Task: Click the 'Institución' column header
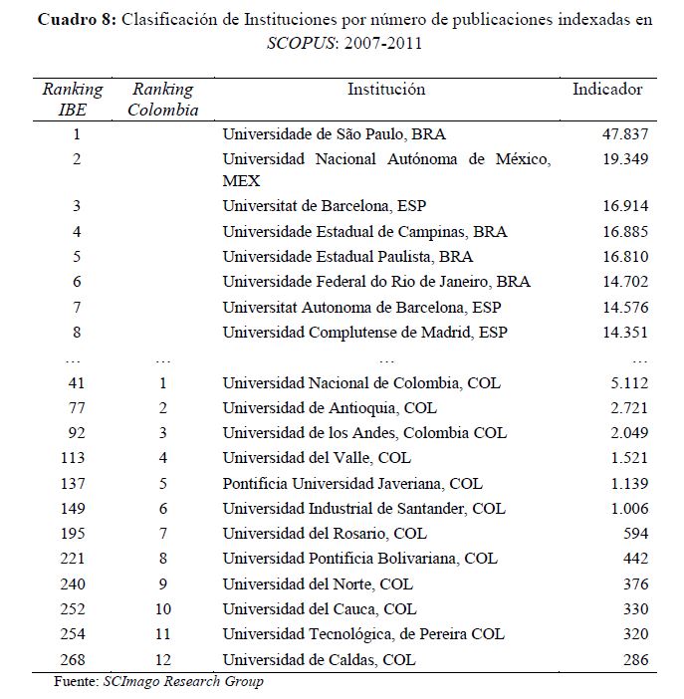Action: click(x=385, y=90)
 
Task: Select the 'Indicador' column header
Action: click(x=607, y=90)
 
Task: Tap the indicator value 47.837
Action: click(x=624, y=132)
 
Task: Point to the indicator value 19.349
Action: click(x=624, y=158)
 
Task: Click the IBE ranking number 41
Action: click(x=77, y=382)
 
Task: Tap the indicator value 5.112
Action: click(x=628, y=382)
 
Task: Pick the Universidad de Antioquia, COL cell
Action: click(x=330, y=407)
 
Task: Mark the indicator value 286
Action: click(x=634, y=659)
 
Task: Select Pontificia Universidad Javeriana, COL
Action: click(x=352, y=483)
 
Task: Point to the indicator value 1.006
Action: click(x=628, y=508)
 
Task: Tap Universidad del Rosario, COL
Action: click(x=325, y=534)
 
